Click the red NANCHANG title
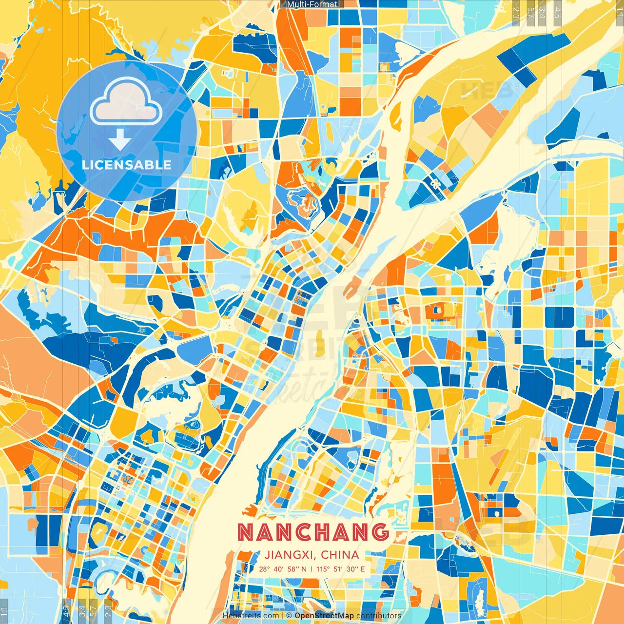click(x=313, y=532)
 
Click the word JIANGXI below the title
click(x=290, y=555)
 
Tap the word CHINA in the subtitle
click(x=340, y=555)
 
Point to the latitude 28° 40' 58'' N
click(x=283, y=569)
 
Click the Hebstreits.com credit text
click(x=250, y=616)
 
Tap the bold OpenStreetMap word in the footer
click(x=324, y=616)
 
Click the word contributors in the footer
click(x=378, y=616)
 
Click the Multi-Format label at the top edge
click(x=312, y=4)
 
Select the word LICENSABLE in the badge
click(x=127, y=165)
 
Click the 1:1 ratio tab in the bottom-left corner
click(x=4, y=611)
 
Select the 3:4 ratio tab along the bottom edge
click(x=82, y=611)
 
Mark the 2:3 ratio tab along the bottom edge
click(x=108, y=611)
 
